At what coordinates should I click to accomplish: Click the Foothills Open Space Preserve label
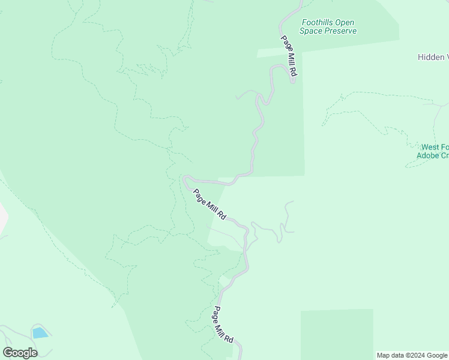pos(328,27)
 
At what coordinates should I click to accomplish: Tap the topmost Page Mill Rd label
pos(289,56)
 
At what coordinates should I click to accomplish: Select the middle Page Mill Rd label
pos(209,205)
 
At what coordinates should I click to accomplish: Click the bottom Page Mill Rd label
pos(223,325)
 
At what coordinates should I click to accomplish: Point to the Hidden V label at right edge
pos(433,57)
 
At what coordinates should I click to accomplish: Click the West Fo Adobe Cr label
pos(432,151)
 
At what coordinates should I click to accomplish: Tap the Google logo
pos(20,353)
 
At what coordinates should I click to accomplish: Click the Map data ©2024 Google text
pos(412,355)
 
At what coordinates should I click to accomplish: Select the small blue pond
pos(40,332)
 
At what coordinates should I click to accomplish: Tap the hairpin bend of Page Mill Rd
pos(185,178)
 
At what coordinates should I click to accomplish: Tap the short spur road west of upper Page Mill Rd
pos(245,95)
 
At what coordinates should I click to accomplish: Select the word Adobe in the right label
pos(428,155)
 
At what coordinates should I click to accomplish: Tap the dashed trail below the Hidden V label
pos(372,94)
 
